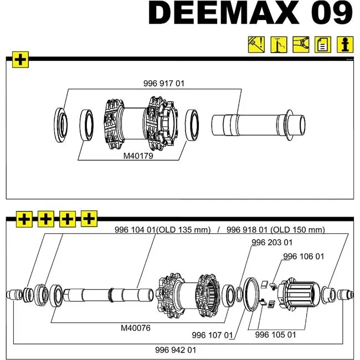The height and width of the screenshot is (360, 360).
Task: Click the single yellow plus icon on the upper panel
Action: coord(20,59)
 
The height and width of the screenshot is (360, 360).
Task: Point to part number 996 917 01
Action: coord(163,84)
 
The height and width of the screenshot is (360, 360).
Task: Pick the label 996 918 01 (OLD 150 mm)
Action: coord(276,230)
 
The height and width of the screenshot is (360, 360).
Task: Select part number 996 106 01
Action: coord(304,256)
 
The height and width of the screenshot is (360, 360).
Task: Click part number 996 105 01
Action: coord(276,335)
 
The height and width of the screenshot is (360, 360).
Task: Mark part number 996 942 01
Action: coord(176,350)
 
